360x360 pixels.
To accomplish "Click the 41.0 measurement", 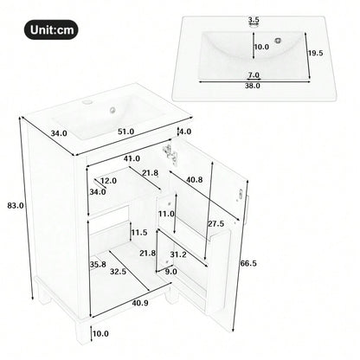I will click(132, 159).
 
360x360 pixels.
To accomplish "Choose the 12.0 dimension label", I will click(106, 181).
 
